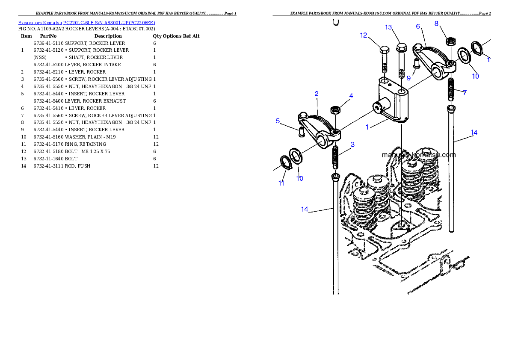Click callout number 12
[364, 35]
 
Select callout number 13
[388, 27]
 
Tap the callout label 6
[418, 27]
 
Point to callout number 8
[436, 24]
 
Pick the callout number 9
[408, 78]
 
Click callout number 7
[465, 92]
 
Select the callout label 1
[367, 127]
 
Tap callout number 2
[317, 94]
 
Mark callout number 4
[351, 96]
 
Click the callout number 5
[278, 121]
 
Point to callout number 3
[352, 145]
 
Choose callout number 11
[281, 183]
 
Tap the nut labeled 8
[450, 41]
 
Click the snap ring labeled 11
[285, 162]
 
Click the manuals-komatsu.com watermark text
[419, 155]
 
